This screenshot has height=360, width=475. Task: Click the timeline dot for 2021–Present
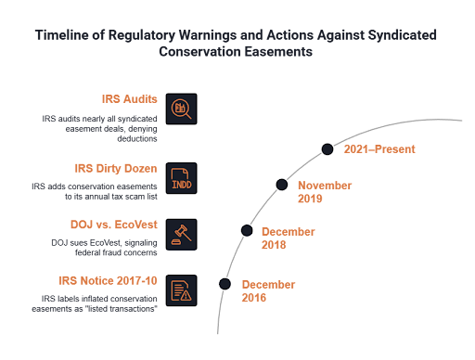click(x=327, y=149)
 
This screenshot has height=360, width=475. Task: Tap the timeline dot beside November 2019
click(x=282, y=185)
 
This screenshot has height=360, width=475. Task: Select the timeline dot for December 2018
click(x=247, y=230)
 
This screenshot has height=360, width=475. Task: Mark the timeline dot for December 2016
click(x=225, y=284)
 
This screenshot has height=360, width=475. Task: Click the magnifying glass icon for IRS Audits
click(x=181, y=109)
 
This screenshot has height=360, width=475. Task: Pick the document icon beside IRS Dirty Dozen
click(x=181, y=178)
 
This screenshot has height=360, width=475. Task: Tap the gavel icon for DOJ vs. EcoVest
click(x=181, y=235)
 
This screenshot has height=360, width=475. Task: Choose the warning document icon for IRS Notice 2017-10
click(x=181, y=290)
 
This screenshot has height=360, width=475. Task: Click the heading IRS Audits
click(x=130, y=99)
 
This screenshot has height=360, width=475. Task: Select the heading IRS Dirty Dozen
click(x=116, y=168)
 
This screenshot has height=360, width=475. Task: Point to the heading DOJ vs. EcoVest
click(x=114, y=225)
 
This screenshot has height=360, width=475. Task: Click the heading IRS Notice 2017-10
click(x=108, y=280)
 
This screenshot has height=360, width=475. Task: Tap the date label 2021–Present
click(x=379, y=149)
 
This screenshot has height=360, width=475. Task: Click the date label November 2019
click(x=325, y=192)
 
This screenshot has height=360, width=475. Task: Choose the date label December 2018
click(x=289, y=238)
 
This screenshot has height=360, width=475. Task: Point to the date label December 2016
click(x=268, y=291)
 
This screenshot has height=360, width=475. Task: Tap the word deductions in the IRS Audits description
click(x=137, y=138)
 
